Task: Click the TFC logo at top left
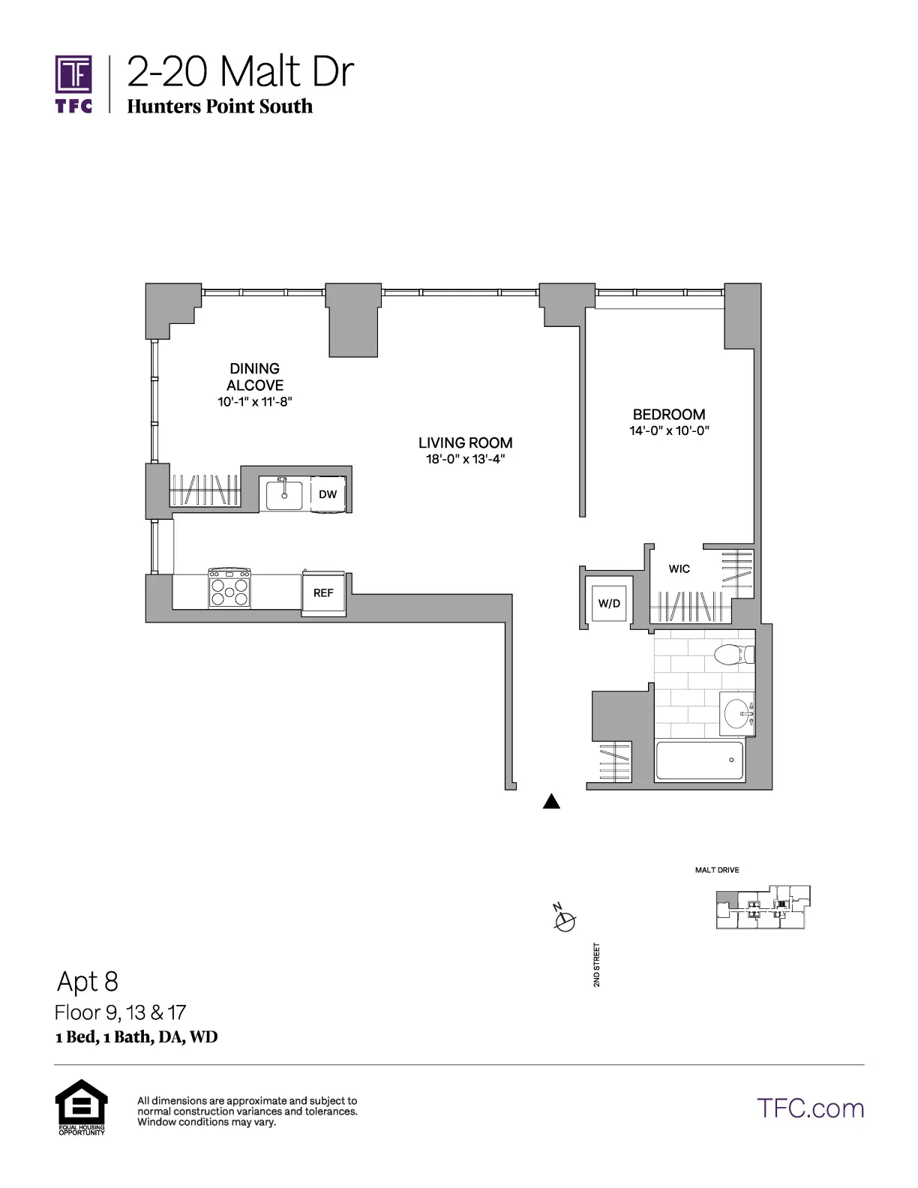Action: coord(73,83)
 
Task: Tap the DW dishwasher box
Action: coord(328,494)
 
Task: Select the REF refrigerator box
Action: coord(323,592)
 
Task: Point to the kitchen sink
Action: coord(284,495)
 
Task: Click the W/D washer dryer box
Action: coord(609,603)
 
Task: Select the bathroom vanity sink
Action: coord(737,712)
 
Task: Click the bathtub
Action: coord(699,760)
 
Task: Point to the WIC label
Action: coord(679,568)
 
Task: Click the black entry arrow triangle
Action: coord(551,802)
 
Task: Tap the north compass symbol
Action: coord(565,920)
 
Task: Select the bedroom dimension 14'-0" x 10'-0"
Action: coord(669,430)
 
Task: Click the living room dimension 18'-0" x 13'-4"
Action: coord(465,459)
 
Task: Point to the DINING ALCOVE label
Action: coord(255,376)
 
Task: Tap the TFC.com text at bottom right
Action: coord(810,1108)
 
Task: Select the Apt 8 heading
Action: coord(88,981)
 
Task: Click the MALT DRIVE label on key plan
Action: coord(717,870)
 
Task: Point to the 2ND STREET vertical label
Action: coord(597,964)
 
